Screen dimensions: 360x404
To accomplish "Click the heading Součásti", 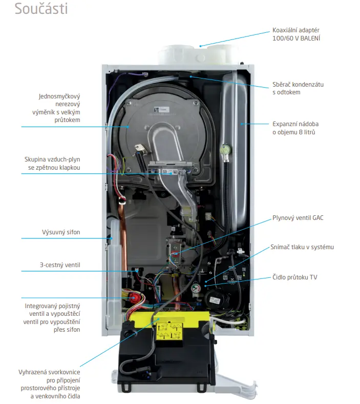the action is click(x=41, y=9).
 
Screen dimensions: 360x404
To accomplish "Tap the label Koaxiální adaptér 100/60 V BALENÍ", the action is click(x=296, y=34).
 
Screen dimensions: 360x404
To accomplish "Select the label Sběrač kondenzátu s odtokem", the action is click(x=298, y=88).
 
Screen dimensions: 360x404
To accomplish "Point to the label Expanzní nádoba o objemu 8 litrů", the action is click(x=295, y=128).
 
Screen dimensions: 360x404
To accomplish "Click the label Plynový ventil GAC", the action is click(x=298, y=218).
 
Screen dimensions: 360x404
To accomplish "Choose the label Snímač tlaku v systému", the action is click(x=302, y=247).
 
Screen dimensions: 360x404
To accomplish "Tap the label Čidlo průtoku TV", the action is click(x=294, y=277).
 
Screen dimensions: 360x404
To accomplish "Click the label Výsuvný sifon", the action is click(x=61, y=232).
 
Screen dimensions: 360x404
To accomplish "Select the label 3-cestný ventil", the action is click(x=60, y=265).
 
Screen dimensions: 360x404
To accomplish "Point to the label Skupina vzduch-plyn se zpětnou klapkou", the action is click(x=52, y=164).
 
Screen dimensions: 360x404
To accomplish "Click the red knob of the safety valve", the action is click(x=134, y=298).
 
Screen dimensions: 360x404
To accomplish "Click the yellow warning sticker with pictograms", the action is click(x=170, y=331).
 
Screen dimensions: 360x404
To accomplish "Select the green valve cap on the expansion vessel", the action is click(x=225, y=149).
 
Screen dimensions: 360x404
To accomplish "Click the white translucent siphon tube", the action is click(x=114, y=268).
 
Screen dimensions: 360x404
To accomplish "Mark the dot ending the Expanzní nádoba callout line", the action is click(x=242, y=124).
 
